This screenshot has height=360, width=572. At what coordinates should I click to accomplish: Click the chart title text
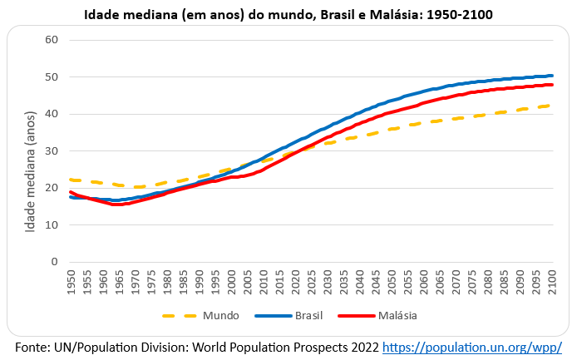pos(286,14)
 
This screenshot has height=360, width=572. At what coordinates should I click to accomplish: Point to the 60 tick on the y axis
pos(52,40)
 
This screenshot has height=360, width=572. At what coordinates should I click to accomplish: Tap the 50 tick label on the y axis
pos(52,77)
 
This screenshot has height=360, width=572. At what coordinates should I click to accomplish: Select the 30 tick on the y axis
pos(52,151)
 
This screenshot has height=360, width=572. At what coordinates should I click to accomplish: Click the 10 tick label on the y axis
pos(52,225)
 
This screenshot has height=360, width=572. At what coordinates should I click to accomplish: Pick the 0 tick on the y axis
pos(54,262)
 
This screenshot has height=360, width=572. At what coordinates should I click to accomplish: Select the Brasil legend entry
pos(308,315)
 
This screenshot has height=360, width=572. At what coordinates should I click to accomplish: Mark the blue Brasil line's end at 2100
pos(552,76)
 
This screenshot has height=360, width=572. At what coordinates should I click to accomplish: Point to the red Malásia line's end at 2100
pos(552,85)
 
